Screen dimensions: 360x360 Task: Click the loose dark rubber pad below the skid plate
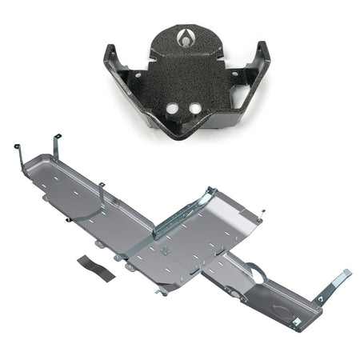click(96, 266)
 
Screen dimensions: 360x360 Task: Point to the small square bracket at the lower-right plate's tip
click(296, 322)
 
